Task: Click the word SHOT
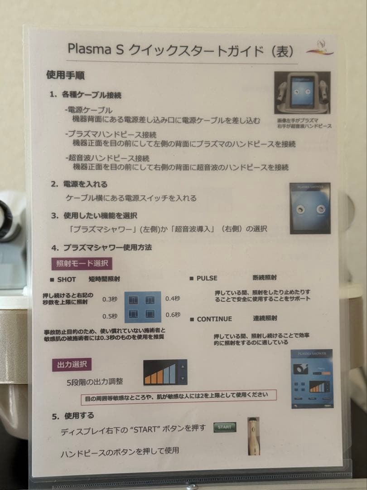tap(66, 279)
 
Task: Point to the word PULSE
tap(207, 278)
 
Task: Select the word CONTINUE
tap(214, 319)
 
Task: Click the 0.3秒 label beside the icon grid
tap(110, 299)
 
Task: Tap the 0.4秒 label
tap(173, 298)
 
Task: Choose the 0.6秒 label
tap(173, 315)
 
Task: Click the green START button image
tap(225, 427)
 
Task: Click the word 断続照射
tap(265, 277)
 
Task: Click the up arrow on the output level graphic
tap(183, 366)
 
